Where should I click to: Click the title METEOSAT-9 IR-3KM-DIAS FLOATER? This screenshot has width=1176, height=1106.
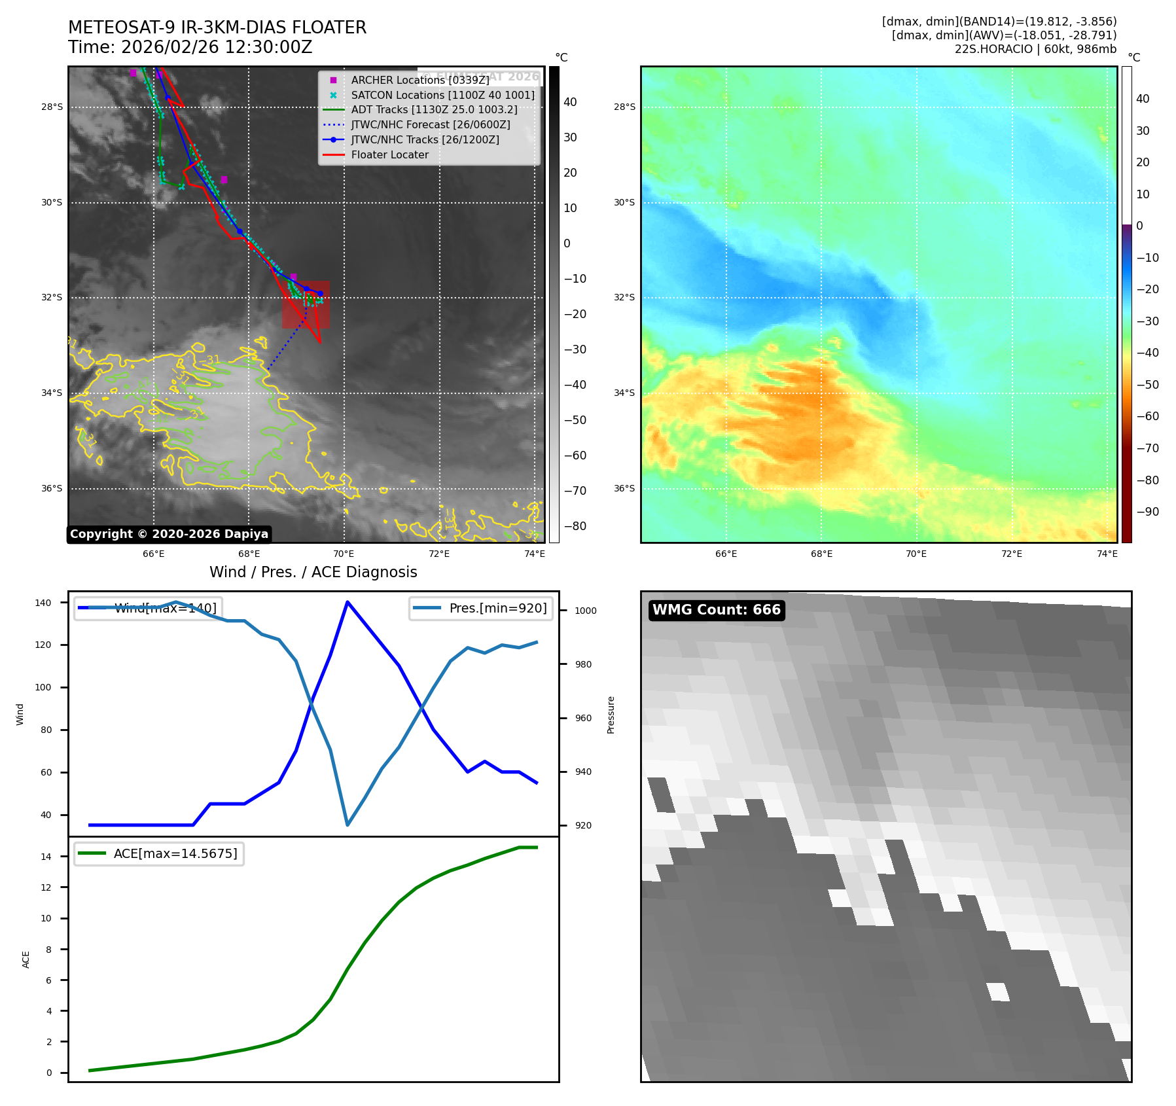(x=217, y=27)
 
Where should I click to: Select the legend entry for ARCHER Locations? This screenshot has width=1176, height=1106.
(x=419, y=80)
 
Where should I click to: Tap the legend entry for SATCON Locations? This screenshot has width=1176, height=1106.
(x=442, y=95)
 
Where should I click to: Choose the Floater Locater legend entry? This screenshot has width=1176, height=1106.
(x=389, y=154)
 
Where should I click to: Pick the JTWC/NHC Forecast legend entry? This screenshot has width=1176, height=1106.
(x=430, y=124)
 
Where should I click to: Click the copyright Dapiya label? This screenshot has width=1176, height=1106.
(x=169, y=534)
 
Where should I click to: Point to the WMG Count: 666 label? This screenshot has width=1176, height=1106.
(x=717, y=610)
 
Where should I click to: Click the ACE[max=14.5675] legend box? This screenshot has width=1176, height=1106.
(x=159, y=853)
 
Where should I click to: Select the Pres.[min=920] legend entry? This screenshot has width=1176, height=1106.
(x=481, y=608)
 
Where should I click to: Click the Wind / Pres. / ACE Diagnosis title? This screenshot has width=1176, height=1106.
(x=313, y=572)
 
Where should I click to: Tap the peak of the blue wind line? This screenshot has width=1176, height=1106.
(x=347, y=602)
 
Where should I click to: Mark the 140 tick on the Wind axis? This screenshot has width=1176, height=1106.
(x=43, y=603)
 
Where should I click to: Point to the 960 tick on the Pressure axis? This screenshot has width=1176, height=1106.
(x=583, y=718)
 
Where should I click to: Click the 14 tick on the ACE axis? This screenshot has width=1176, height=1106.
(x=46, y=857)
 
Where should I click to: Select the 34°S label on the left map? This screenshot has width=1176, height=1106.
(x=52, y=393)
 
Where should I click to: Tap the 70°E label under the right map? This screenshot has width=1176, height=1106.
(x=916, y=554)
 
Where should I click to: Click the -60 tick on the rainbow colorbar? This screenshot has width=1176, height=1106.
(x=1147, y=416)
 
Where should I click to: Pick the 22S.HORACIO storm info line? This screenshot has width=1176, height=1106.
(x=1035, y=49)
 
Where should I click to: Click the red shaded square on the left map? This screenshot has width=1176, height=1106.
(x=306, y=304)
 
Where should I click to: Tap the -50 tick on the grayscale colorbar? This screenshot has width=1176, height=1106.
(x=575, y=420)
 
